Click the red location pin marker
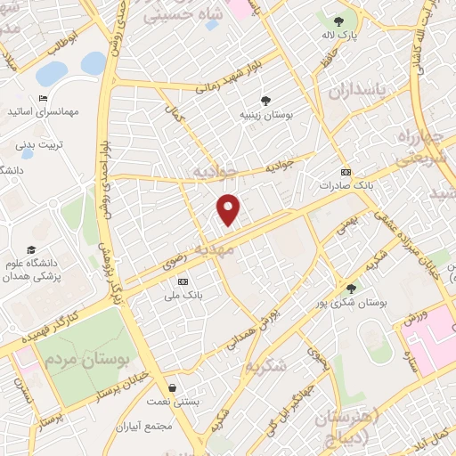tap(230, 208)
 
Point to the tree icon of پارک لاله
tap(338, 21)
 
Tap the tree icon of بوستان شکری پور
tap(351, 288)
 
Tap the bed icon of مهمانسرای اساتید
tap(42, 99)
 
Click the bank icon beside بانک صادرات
tap(346, 172)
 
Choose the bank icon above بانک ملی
tap(183, 281)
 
